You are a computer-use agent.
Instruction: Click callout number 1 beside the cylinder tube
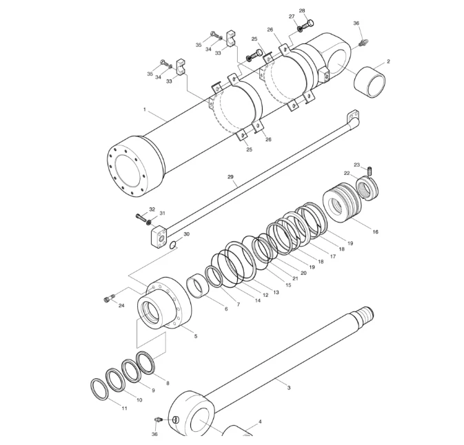(x=144, y=110)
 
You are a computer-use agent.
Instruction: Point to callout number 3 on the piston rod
(x=288, y=388)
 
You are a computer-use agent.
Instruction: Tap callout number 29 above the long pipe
(x=231, y=177)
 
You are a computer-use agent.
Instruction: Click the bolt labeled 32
(x=143, y=218)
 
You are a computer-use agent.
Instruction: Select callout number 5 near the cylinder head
(x=195, y=336)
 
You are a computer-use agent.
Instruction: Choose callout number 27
(x=292, y=17)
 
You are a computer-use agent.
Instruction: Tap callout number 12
(x=265, y=295)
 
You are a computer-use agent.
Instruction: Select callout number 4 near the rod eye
(x=260, y=421)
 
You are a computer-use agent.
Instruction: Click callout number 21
(x=294, y=278)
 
